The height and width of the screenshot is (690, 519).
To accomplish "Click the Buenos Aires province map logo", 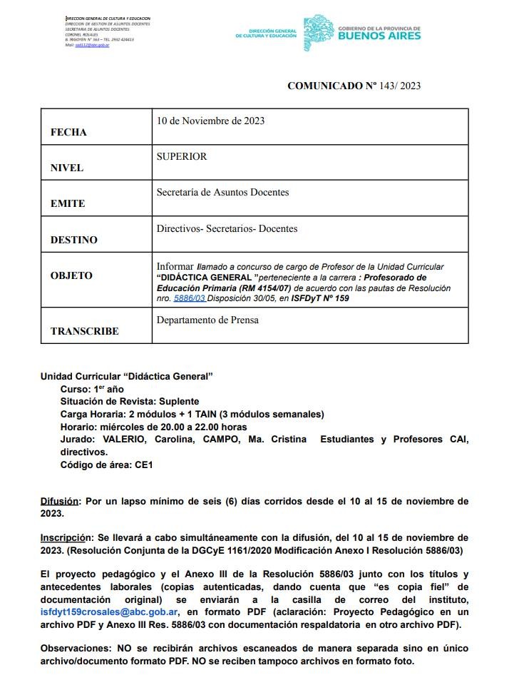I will pyautogui.click(x=318, y=32).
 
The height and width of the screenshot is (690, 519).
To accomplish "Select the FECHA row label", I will pyautogui.click(x=68, y=132).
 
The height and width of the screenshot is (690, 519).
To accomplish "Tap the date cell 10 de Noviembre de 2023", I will pyautogui.click(x=210, y=121).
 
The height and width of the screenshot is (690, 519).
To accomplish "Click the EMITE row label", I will pyautogui.click(x=68, y=203).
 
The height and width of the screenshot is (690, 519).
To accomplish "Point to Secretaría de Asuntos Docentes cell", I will pyautogui.click(x=222, y=192).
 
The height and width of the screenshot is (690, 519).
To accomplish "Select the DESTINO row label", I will pyautogui.click(x=74, y=240).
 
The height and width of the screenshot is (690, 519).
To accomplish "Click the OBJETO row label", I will pyautogui.click(x=71, y=275).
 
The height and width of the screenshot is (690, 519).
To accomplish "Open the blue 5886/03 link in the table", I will pyautogui.click(x=189, y=299).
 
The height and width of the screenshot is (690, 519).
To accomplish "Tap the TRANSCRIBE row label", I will pyautogui.click(x=85, y=331).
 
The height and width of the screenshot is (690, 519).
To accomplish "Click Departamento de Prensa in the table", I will pyautogui.click(x=207, y=320).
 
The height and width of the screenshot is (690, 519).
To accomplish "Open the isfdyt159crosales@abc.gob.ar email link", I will pyautogui.click(x=110, y=612).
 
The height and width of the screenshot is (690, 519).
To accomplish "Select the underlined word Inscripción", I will pyautogui.click(x=66, y=537).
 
